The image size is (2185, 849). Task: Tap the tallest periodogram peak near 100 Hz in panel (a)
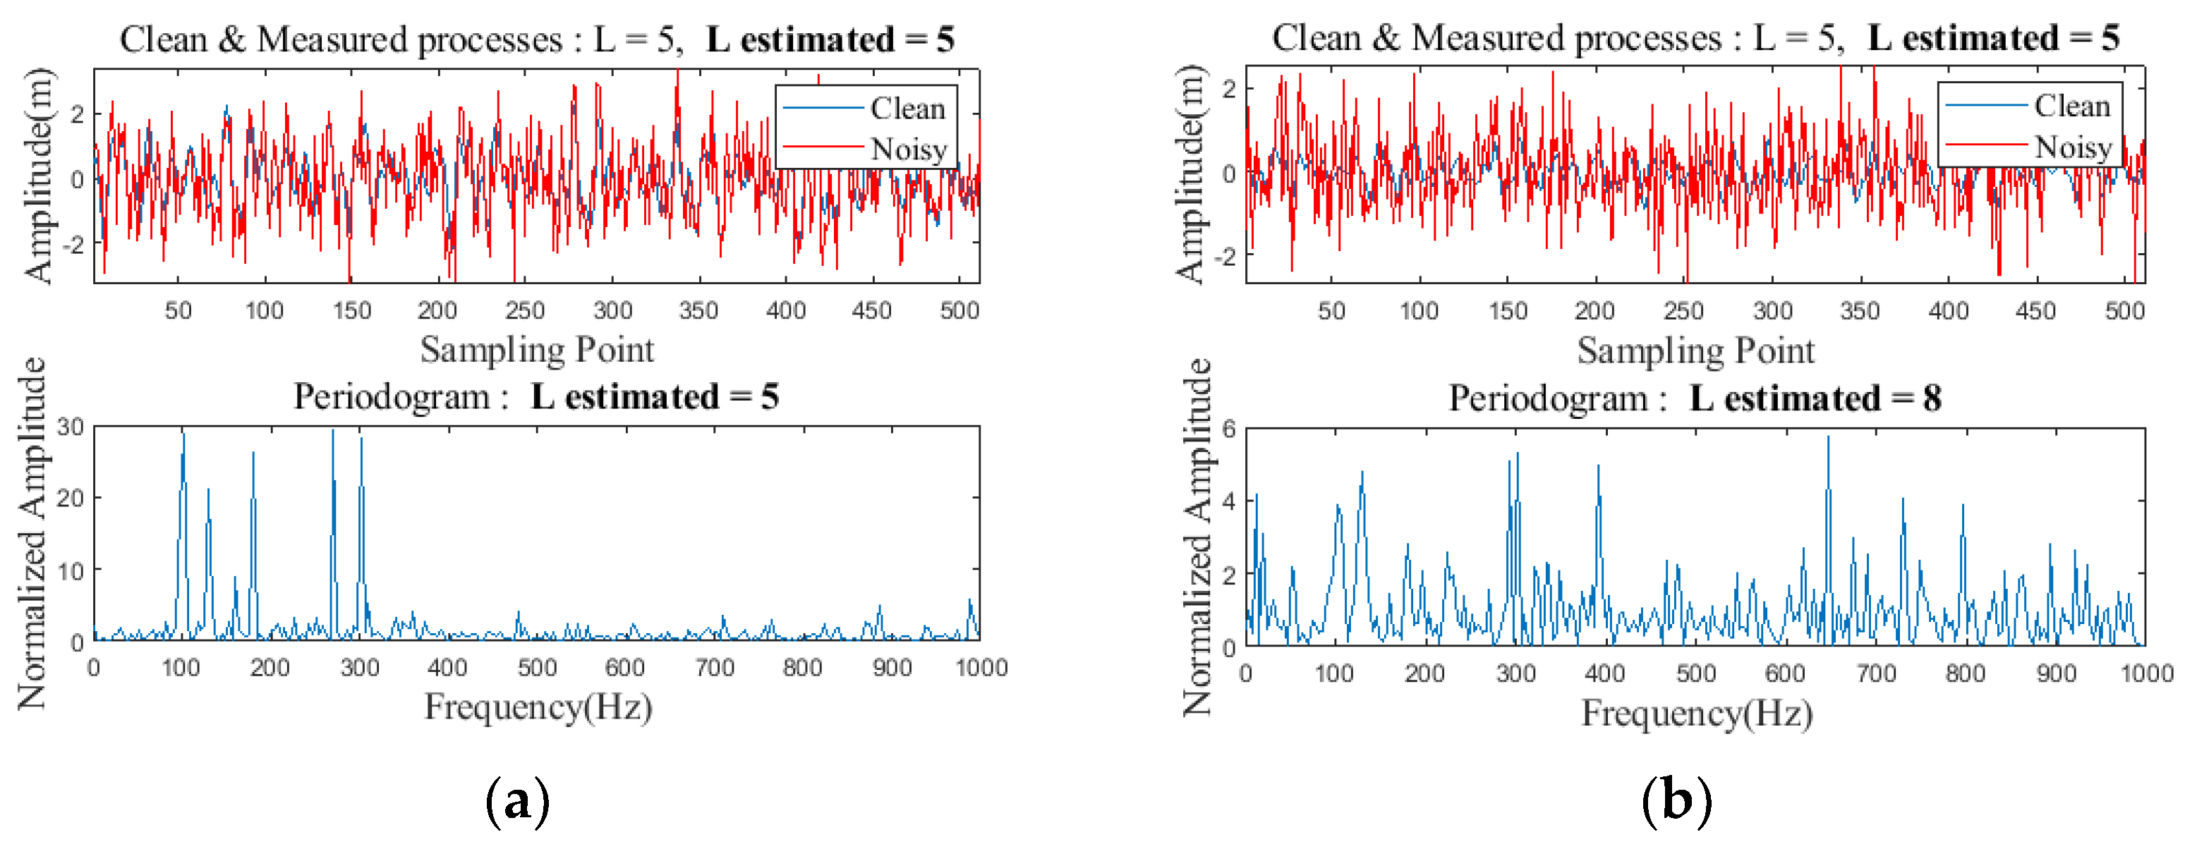point(182,434)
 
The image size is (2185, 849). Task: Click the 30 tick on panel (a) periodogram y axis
point(71,427)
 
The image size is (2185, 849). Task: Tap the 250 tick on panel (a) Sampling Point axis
point(524,310)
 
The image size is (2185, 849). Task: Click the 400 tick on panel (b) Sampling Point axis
point(1947,310)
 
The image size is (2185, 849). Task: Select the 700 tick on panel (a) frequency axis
point(714,668)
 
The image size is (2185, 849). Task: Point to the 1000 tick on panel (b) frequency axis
point(2146,673)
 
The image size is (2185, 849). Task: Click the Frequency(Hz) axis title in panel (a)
point(538,707)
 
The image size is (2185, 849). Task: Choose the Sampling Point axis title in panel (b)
point(1695,350)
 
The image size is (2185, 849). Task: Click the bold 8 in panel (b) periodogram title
point(1932,398)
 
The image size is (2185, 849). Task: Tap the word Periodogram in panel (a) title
point(391,397)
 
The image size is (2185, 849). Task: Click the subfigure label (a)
point(517,800)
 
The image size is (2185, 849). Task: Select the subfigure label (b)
point(1676,800)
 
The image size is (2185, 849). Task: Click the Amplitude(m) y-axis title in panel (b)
point(1190,174)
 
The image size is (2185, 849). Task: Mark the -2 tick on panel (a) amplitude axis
point(75,244)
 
